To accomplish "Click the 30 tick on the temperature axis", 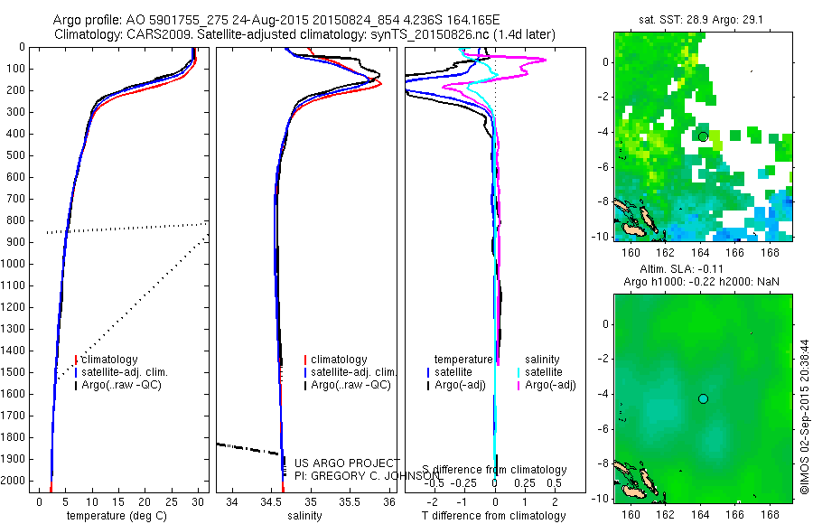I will tap(199, 501).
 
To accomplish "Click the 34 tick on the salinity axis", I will tap(233, 501).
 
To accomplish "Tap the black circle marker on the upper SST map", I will tap(703, 136).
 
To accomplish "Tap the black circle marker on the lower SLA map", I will tap(703, 398).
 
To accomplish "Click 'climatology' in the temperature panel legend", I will tap(109, 360).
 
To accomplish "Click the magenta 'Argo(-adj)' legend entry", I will tap(551, 386).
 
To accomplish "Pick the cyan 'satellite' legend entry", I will tap(544, 372).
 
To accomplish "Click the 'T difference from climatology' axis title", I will tap(494, 516).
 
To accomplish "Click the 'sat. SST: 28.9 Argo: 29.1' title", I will tap(697, 18).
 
